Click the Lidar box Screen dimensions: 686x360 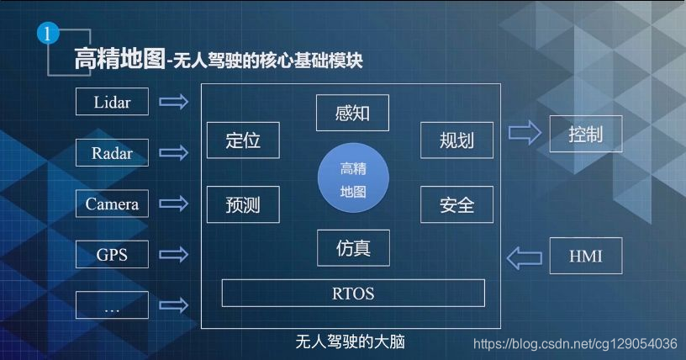[112, 102]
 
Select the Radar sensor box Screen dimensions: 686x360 [112, 153]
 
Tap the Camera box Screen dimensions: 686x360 [112, 204]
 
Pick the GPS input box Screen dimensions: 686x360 [112, 254]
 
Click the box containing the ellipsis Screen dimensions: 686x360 [112, 305]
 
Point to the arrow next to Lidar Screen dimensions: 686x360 [174, 102]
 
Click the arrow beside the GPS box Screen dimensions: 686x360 [174, 255]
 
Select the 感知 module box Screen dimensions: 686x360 [352, 113]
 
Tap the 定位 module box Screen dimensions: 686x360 [243, 140]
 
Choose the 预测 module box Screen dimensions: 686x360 [243, 204]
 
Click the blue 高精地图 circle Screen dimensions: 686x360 [353, 177]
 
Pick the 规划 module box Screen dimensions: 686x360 [456, 140]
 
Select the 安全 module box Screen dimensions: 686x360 [456, 204]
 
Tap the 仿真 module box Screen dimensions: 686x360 [353, 248]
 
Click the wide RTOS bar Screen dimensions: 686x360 [353, 293]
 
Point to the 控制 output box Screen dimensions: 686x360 [586, 134]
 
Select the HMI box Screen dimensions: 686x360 [586, 256]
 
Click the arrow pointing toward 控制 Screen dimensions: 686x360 [525, 132]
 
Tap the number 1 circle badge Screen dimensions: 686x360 [48, 34]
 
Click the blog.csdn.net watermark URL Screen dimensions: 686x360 [575, 344]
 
